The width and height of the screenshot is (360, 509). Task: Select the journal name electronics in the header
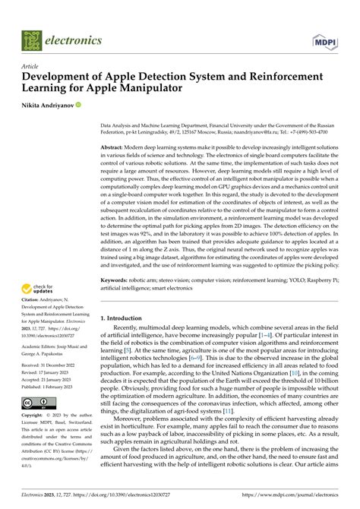pyautogui.click(x=74, y=40)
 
